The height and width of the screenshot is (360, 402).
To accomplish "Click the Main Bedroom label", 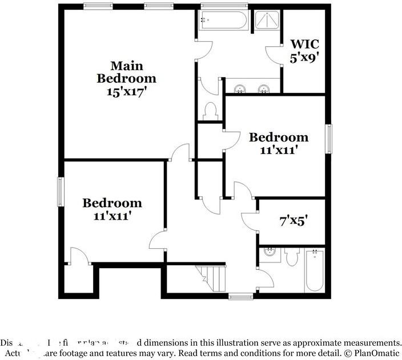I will tap(126, 72).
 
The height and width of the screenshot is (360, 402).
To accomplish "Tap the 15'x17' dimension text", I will tap(126, 91).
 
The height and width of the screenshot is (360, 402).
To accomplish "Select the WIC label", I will tap(305, 44).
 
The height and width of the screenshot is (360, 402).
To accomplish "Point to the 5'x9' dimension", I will tap(305, 58).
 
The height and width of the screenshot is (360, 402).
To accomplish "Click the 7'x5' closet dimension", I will tap(294, 220).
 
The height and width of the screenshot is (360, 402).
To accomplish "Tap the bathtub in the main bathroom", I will tap(223, 22).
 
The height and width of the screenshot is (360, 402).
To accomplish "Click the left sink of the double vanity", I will tap(240, 88).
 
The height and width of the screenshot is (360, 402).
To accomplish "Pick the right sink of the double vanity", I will tap(264, 88).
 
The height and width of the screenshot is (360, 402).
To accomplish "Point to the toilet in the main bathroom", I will tap(210, 110).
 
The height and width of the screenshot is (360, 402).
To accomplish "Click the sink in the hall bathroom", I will tap(270, 253).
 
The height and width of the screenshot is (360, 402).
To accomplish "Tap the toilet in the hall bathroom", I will tap(292, 257).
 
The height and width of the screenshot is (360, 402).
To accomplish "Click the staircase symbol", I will tap(211, 278).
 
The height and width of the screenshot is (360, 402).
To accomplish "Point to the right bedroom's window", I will tap(328, 139).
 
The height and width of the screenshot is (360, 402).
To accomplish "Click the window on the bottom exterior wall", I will tap(240, 296).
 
